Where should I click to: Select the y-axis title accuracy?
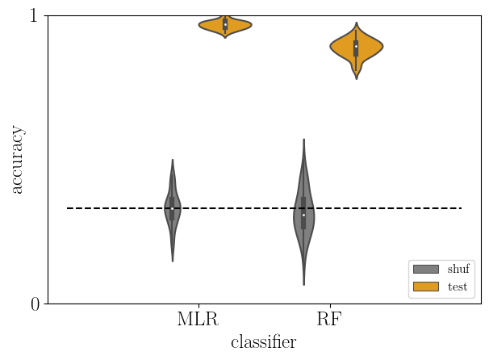[17, 160]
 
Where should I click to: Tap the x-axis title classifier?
[263, 342]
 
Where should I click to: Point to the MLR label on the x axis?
[198, 319]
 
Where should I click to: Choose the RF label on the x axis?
[329, 319]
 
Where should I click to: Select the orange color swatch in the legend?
[425, 287]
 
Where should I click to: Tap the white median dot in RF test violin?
[356, 46]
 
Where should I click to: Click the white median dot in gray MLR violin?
[172, 208]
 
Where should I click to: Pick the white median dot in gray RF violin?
[303, 215]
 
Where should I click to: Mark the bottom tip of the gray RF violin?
[303, 284]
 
